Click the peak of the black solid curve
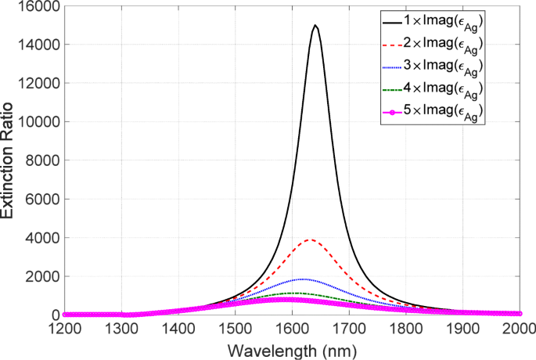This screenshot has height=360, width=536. point(315,26)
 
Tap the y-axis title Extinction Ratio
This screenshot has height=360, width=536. point(9,160)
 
